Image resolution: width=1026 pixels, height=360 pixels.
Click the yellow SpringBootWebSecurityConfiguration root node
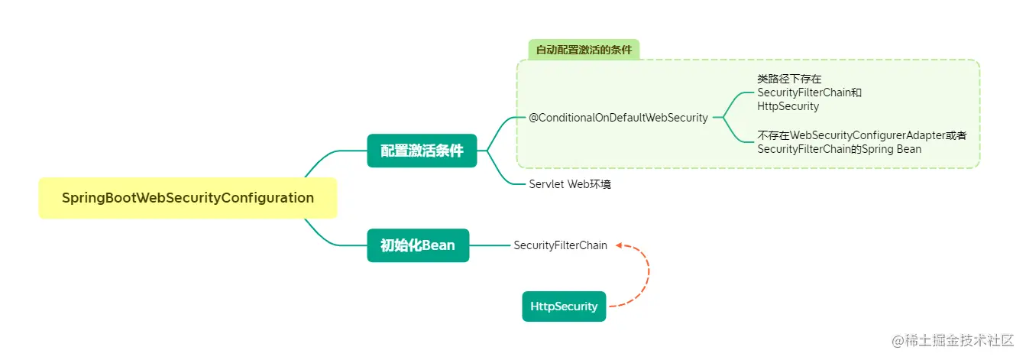pos(187,198)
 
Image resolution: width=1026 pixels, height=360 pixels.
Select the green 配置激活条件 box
pos(422,151)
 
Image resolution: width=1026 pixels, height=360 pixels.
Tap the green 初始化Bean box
pos(418,245)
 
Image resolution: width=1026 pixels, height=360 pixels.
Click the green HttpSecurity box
pos(564,306)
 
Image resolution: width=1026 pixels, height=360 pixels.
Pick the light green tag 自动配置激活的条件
pos(584,50)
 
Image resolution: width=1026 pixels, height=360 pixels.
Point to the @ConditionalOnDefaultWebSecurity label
pos(618,118)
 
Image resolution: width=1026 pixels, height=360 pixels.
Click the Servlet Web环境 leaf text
pos(569,184)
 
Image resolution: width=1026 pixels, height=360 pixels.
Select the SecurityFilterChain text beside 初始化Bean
pos(560,245)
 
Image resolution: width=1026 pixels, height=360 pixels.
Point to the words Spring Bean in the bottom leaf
pos(895,149)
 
